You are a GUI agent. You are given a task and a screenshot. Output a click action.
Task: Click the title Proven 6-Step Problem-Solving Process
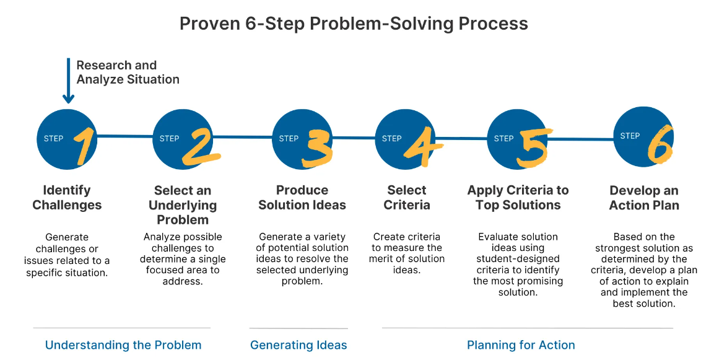[354, 24]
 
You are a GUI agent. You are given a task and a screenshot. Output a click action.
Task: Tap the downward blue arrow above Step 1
[68, 81]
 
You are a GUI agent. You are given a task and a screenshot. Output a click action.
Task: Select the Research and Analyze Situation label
[128, 72]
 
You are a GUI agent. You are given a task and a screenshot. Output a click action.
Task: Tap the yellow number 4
[424, 146]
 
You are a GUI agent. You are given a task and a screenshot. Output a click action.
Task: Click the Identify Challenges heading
[67, 198]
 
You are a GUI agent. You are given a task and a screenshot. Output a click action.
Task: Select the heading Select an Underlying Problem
[182, 205]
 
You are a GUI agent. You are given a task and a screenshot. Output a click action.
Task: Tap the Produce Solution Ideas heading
[302, 198]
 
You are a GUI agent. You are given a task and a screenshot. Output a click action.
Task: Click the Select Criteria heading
[407, 198]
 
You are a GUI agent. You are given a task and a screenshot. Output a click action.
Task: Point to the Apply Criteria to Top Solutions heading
[518, 198]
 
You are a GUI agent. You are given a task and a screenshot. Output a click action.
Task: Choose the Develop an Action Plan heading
[644, 198]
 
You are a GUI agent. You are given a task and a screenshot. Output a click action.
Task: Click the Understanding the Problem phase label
[123, 345]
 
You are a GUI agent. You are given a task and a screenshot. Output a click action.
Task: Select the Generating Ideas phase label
[298, 345]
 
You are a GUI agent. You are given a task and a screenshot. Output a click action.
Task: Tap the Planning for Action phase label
[521, 345]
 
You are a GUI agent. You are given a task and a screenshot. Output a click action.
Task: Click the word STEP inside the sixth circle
[630, 136]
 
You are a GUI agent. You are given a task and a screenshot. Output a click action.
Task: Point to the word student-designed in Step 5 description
[518, 259]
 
